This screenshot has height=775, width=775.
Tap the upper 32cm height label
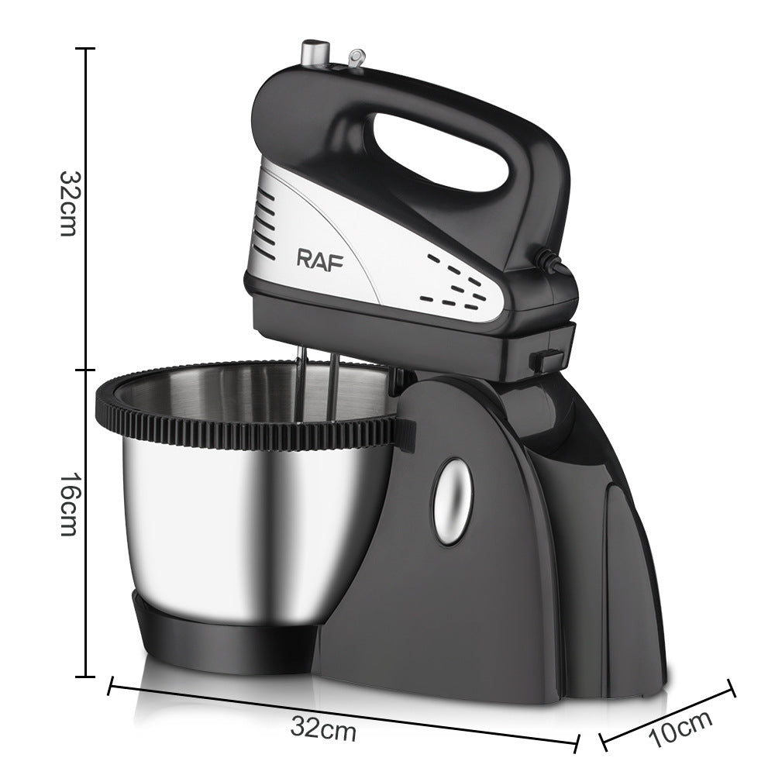tap(67, 203)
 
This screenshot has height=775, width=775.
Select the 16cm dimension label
tap(67, 508)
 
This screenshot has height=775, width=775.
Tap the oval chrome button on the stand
tap(452, 500)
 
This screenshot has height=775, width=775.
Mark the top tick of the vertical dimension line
tap(85, 49)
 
